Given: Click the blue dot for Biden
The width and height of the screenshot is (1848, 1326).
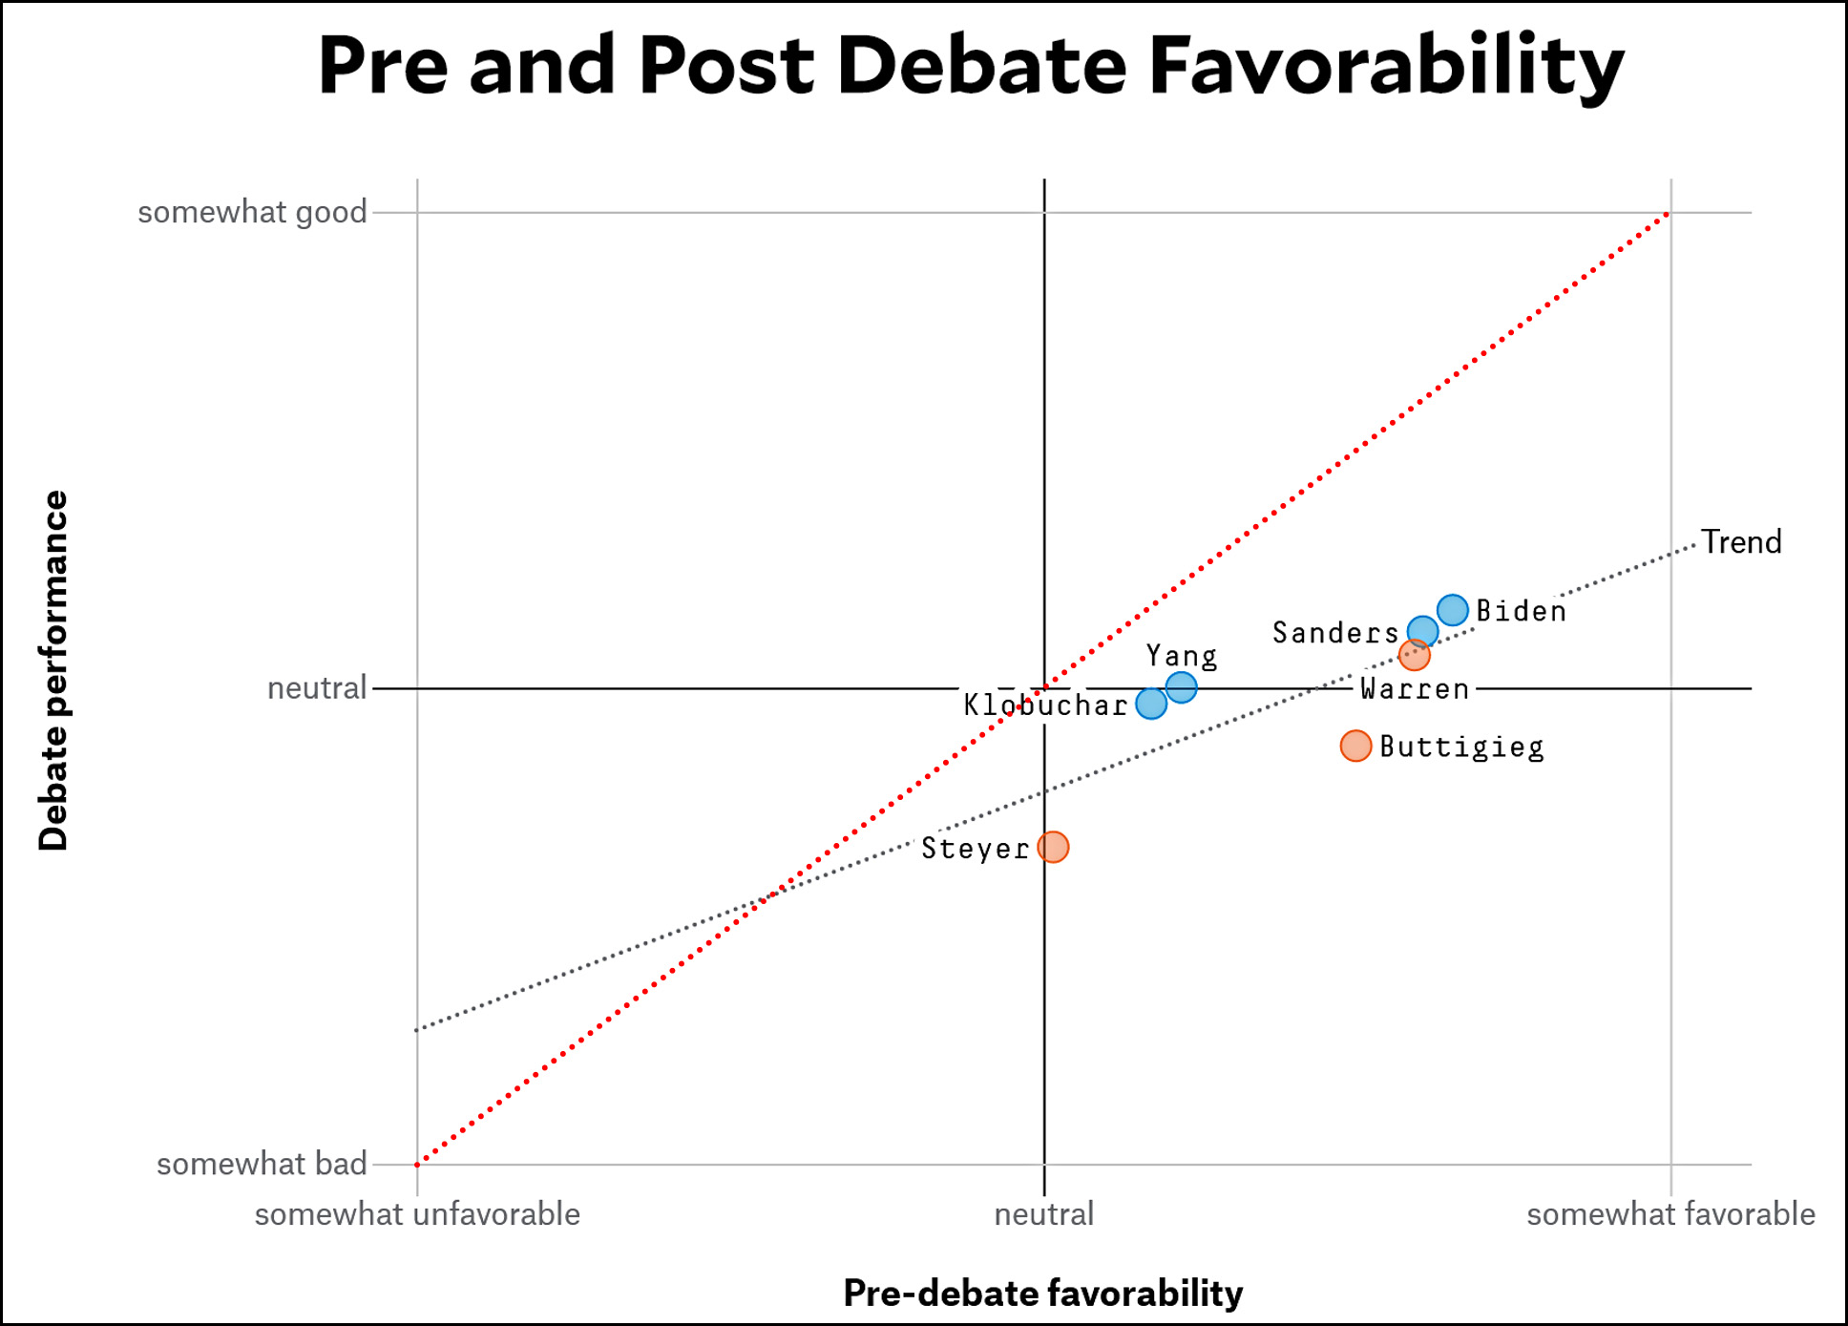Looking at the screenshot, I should [x=1452, y=609].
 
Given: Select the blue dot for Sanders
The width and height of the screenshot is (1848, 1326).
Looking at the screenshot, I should [x=1422, y=631].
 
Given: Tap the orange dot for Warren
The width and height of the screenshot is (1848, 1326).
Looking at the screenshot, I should [x=1414, y=655].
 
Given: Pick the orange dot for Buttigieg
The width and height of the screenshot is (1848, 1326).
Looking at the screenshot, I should [x=1355, y=746].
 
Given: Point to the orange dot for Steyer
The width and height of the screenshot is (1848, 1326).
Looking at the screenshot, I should [x=1053, y=847].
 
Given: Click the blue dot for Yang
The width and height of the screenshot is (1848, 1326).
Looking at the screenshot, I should [x=1181, y=686].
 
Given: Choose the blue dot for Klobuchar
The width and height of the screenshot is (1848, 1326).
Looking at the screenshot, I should [x=1151, y=704].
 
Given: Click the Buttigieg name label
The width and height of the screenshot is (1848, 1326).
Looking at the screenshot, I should [x=1461, y=747].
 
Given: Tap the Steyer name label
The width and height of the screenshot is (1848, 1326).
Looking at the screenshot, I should [x=975, y=848].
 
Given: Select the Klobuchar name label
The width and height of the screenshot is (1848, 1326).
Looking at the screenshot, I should [x=1045, y=705].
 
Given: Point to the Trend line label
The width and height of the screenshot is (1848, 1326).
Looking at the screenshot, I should [x=1741, y=542].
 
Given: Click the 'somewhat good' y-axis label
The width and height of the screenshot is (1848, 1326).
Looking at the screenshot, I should [x=252, y=212].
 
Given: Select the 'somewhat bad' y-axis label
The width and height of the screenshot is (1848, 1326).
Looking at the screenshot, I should [x=262, y=1164].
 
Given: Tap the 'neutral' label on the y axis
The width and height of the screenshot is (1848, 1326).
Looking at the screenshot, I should [x=316, y=687].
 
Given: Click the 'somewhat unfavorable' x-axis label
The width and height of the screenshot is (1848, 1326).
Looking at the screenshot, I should [x=417, y=1214].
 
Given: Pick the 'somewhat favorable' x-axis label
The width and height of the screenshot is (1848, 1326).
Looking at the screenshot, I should [x=1670, y=1214].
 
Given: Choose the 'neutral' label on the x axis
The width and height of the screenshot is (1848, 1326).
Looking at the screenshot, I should [x=1043, y=1214].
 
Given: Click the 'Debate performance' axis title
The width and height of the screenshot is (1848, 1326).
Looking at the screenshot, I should [x=53, y=670].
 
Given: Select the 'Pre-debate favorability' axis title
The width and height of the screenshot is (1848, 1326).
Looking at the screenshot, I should [x=1042, y=1293].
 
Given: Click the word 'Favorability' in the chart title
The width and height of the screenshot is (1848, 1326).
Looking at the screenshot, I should [x=1386, y=67].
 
